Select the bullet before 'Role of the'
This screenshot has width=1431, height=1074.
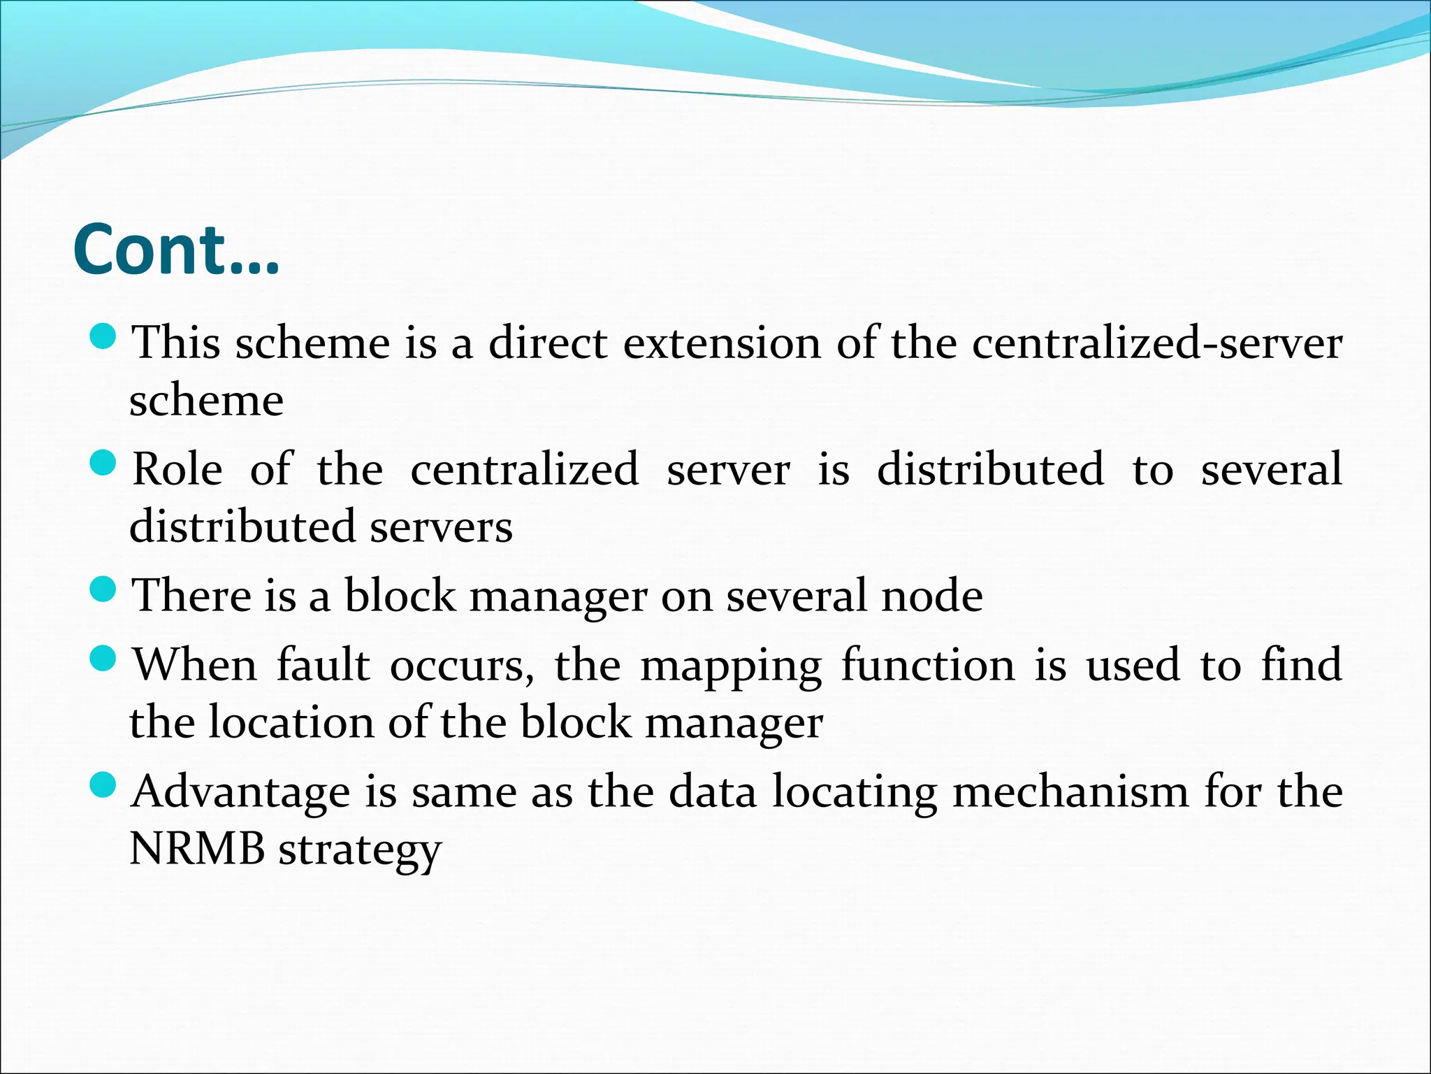[x=103, y=462]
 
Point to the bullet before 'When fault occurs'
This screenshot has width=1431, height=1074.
[x=103, y=659]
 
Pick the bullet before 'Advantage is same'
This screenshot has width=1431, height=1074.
[x=103, y=785]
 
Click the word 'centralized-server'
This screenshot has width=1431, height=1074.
[x=1157, y=343]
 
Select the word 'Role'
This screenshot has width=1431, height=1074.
[x=177, y=469]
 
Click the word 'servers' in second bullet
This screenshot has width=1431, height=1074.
[x=442, y=527]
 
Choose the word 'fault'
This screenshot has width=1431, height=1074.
[x=323, y=665]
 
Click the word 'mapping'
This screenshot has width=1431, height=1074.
[x=731, y=666]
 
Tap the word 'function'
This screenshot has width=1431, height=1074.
[x=928, y=665]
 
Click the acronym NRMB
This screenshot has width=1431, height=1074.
[x=198, y=849]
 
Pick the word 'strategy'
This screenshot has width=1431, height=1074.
[x=360, y=850]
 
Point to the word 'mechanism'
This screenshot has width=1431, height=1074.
[x=1070, y=792]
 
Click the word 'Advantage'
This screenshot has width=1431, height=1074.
[x=241, y=793]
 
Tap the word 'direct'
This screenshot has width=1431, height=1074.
[x=548, y=343]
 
